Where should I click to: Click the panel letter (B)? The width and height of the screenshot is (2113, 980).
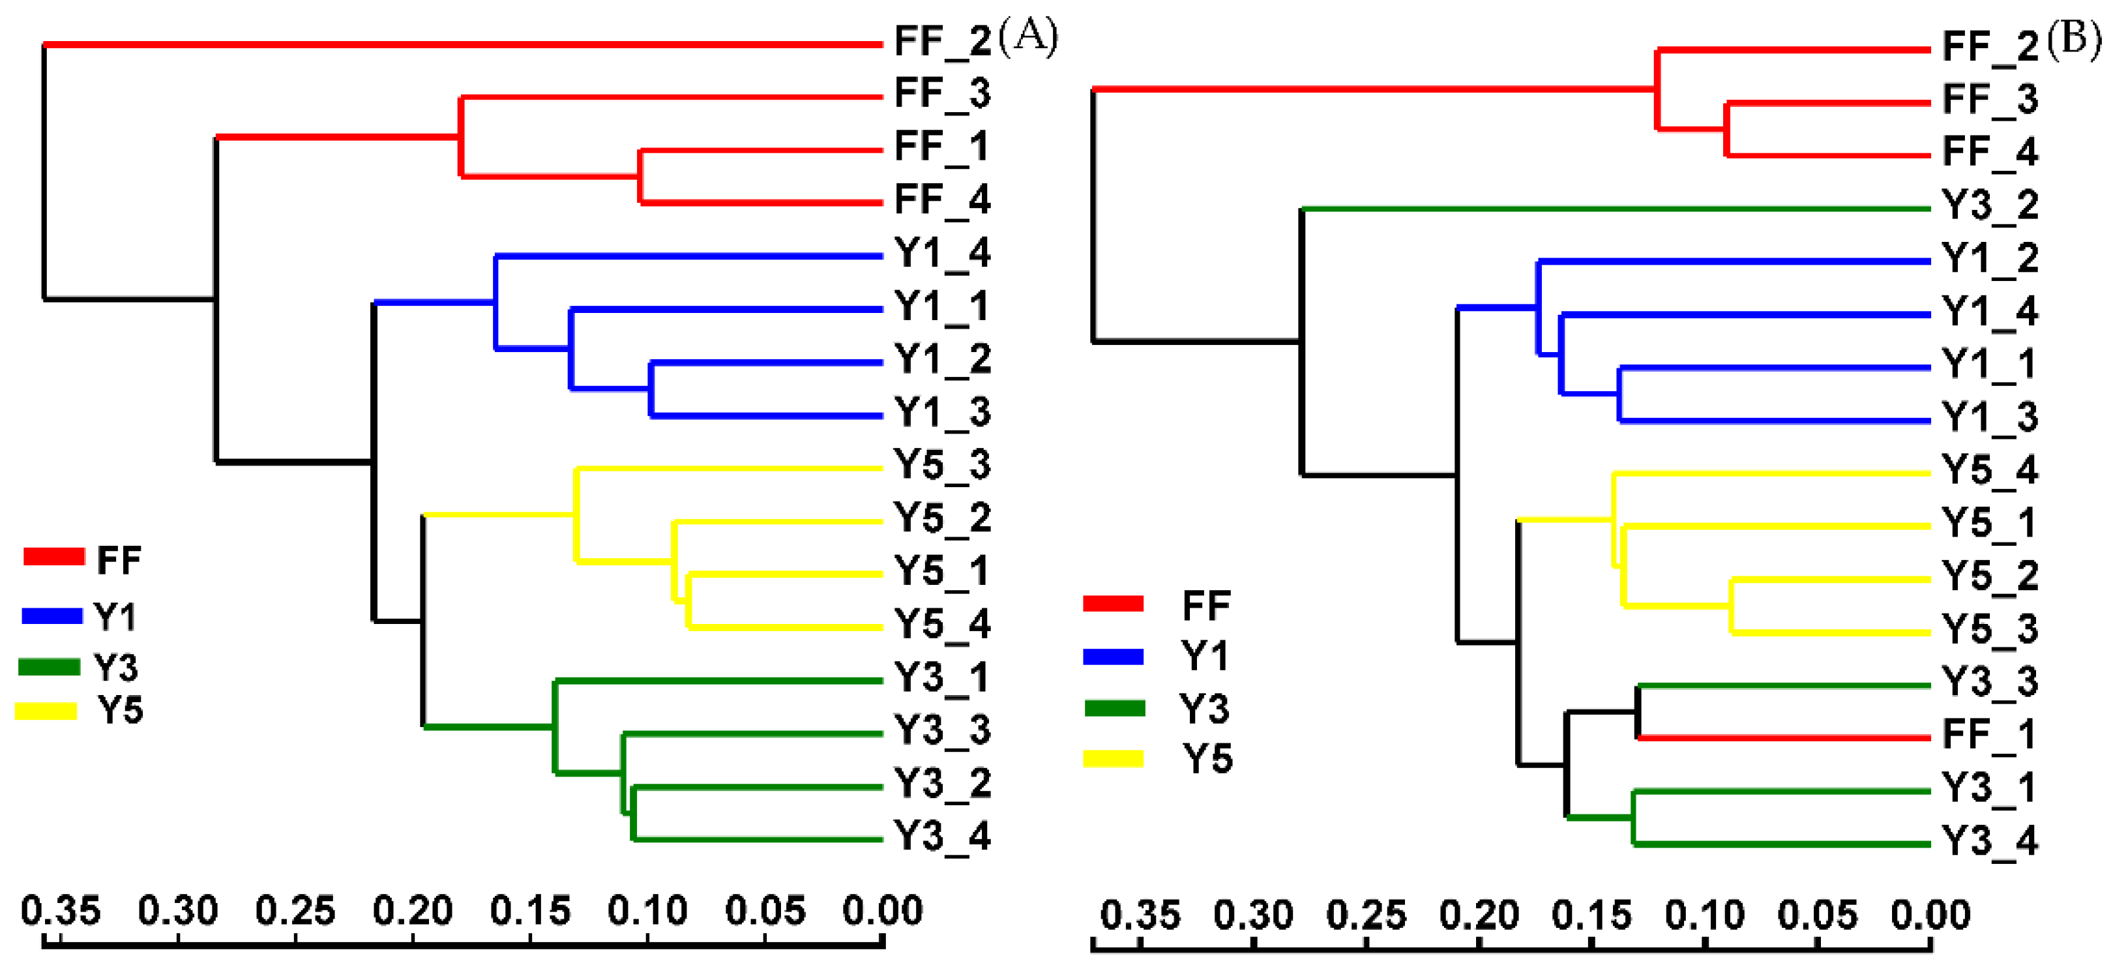point(2075,39)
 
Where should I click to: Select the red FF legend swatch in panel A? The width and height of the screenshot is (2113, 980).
point(54,557)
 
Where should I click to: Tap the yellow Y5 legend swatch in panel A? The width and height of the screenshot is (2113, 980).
point(46,711)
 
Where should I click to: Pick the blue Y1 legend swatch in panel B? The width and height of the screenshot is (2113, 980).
point(1113,656)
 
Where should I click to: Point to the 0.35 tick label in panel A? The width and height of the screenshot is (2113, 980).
point(60,911)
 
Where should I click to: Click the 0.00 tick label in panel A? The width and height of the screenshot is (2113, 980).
point(883,911)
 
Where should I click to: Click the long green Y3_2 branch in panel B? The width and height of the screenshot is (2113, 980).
point(1616,209)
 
